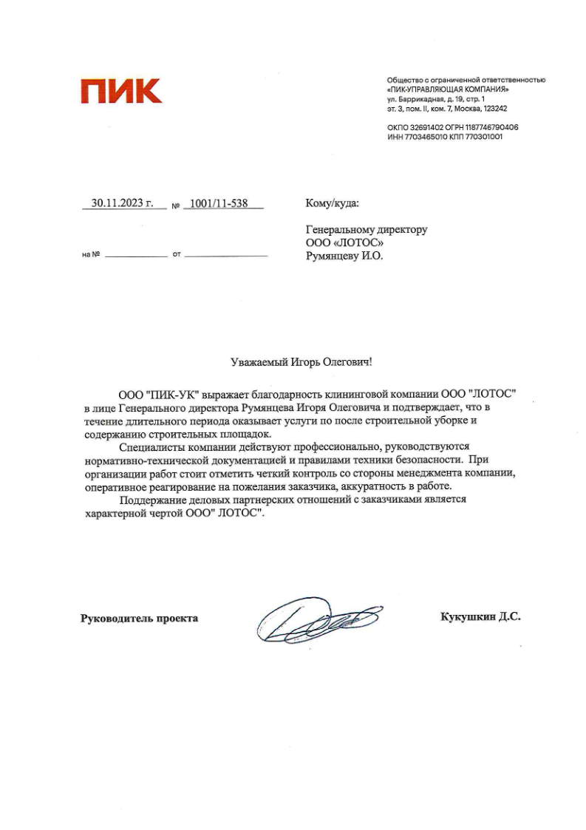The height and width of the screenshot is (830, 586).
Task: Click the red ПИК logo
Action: pyautogui.click(x=121, y=92)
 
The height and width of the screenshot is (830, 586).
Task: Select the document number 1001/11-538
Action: pyautogui.click(x=219, y=203)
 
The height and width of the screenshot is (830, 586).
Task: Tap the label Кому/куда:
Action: pyautogui.click(x=333, y=203)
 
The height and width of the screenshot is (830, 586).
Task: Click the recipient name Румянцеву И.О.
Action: pyautogui.click(x=345, y=256)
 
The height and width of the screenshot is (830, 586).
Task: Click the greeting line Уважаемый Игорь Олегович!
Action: pyautogui.click(x=301, y=361)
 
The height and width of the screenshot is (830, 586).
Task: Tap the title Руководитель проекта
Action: pyautogui.click(x=139, y=618)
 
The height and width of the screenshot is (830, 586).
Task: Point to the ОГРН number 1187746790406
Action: pyautogui.click(x=493, y=127)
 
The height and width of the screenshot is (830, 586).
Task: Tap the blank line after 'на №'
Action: pyautogui.click(x=136, y=255)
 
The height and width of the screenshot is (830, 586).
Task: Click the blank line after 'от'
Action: pyautogui.click(x=225, y=255)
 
